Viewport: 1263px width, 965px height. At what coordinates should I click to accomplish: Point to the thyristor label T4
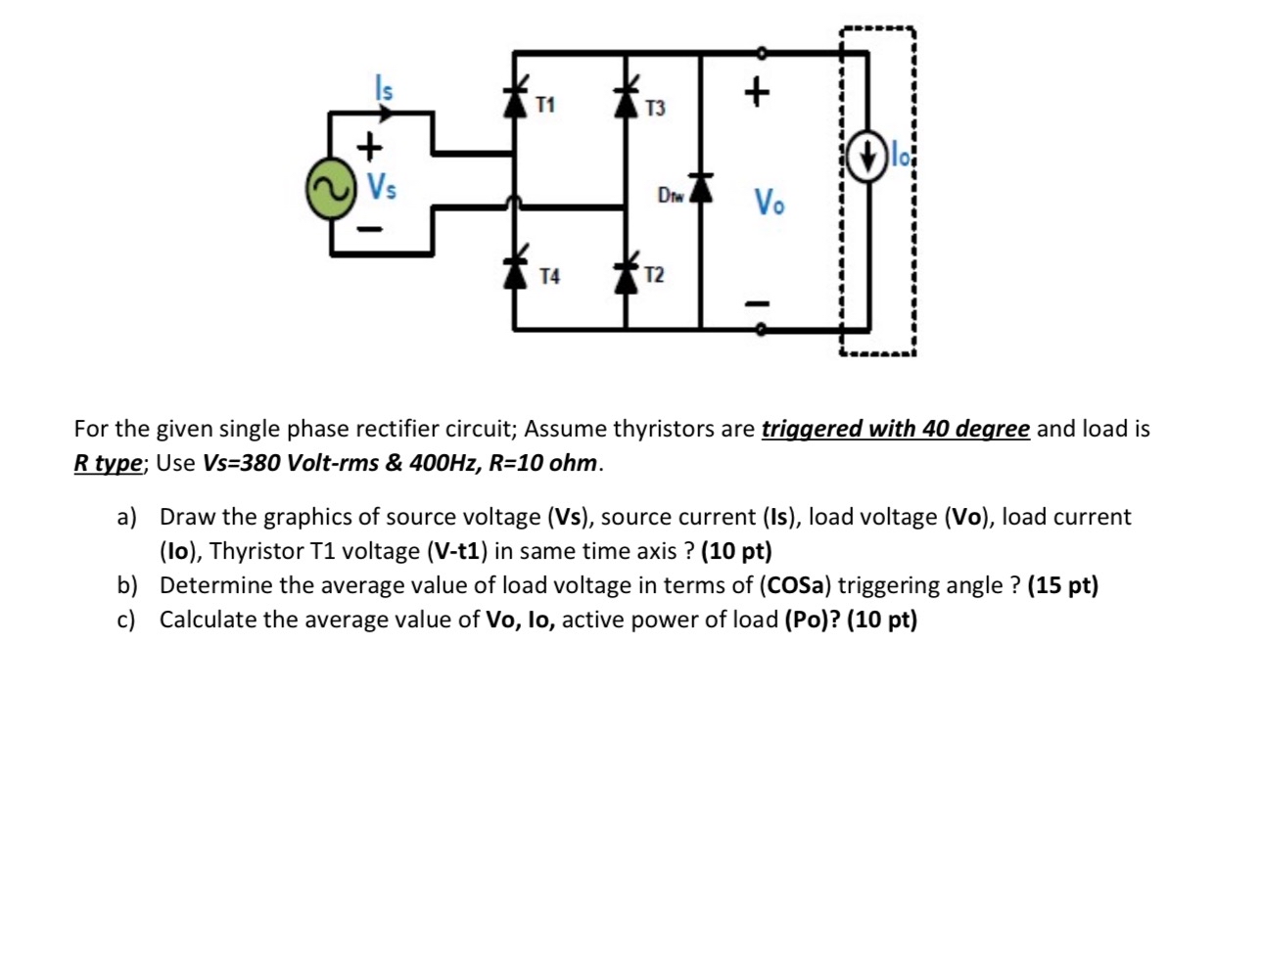pos(550,277)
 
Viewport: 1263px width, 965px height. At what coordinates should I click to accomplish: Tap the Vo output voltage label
pos(769,203)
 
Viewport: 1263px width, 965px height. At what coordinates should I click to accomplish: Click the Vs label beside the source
pos(382,185)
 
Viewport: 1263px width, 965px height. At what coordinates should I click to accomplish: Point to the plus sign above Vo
pos(756,92)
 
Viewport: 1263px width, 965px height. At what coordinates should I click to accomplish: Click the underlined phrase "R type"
pos(108,463)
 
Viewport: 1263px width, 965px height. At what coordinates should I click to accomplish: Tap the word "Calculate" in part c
pos(210,620)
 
